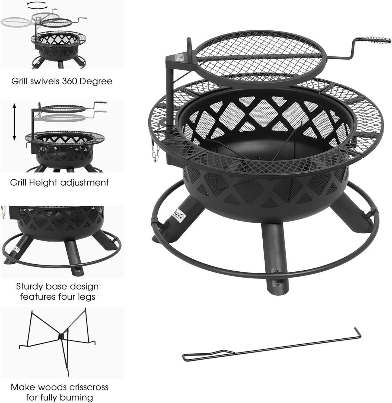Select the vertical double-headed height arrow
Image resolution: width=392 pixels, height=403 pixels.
pos(14,122)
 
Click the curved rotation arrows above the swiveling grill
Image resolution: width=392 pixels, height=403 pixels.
pos(38,6)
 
